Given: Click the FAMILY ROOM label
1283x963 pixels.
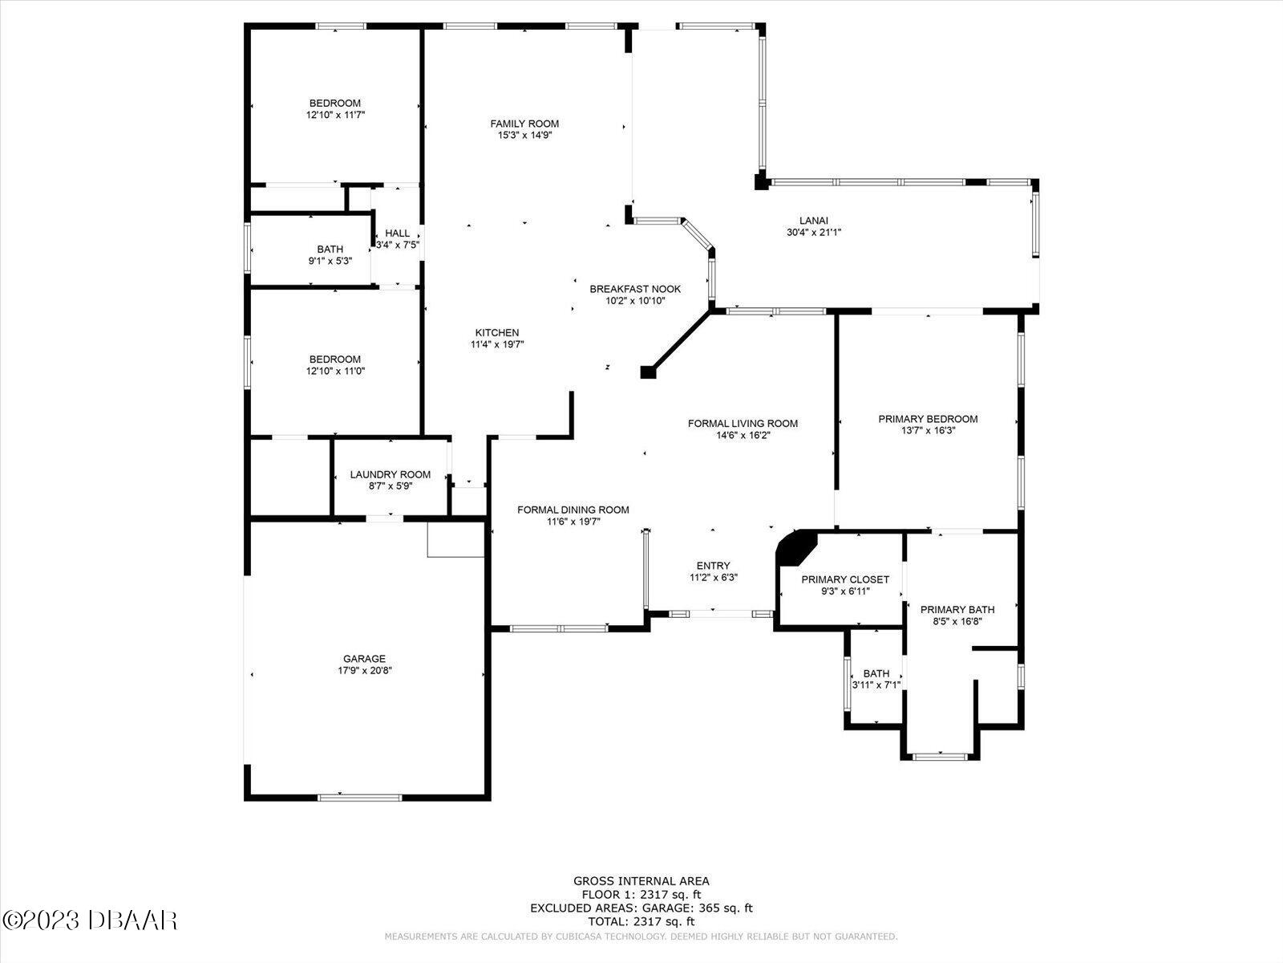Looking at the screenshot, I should pos(524,124).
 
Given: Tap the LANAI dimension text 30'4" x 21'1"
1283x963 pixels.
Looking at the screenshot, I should pos(813,233).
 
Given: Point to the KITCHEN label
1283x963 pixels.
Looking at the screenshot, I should pos(497,332).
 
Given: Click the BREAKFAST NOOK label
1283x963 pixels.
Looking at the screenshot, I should pos(635,289).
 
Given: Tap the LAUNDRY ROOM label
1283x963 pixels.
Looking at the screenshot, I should pos(390,474).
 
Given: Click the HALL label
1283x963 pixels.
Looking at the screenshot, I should pos(397,234).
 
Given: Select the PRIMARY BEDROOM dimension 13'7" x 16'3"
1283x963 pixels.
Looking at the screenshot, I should pos(928,430).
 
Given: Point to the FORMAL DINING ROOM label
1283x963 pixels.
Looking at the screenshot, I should pos(573,510).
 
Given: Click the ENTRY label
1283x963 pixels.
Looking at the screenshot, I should pos(713,566).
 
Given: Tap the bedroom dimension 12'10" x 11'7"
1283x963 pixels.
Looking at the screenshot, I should pos(335,115).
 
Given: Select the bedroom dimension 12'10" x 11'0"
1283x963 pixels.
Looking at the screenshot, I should pos(335,371).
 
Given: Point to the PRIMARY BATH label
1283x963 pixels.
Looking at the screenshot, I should pos(957,609).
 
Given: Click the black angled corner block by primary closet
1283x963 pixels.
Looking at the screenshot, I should pos(795,549).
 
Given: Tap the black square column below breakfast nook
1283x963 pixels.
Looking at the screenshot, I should pos(648,372).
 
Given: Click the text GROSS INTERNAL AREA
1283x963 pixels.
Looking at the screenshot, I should pos(641,881).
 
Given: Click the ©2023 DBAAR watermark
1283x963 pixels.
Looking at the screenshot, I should pos(90,920).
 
